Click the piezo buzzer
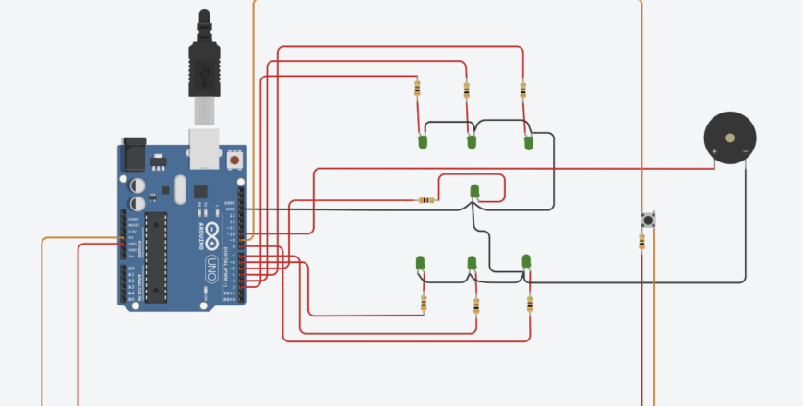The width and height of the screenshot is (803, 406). (730, 138)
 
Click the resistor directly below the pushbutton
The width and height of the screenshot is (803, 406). (641, 242)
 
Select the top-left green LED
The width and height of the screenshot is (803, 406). (422, 142)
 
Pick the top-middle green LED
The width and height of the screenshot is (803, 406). (471, 142)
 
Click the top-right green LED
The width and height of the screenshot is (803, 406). (529, 143)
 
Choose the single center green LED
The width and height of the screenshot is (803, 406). (474, 191)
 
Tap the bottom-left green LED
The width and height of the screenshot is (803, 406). (420, 264)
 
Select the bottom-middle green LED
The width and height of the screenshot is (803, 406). (473, 265)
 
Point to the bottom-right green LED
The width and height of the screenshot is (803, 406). (527, 262)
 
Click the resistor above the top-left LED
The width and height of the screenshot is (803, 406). (417, 89)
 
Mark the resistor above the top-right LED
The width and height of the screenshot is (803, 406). (523, 89)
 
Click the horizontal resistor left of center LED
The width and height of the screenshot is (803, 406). (426, 200)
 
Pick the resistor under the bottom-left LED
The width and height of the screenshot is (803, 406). (424, 303)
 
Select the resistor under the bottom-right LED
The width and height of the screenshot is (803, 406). (531, 303)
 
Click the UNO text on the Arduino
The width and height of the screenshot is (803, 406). (210, 268)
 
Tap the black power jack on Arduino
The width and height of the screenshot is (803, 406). (133, 155)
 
